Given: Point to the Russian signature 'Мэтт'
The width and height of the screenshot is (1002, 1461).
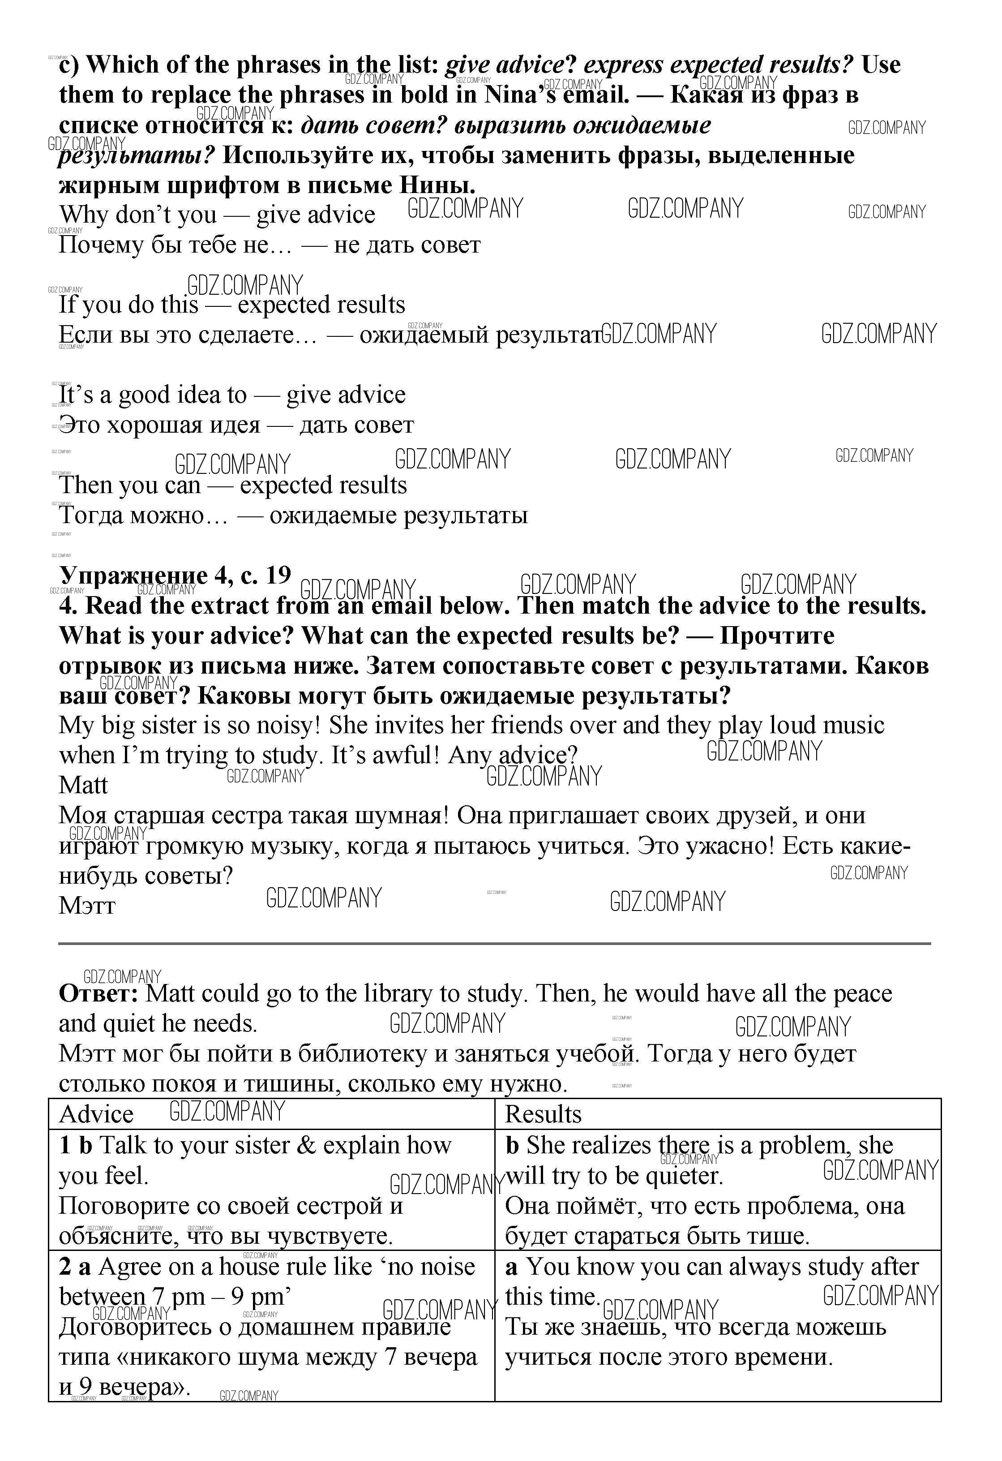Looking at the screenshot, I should coord(87,906).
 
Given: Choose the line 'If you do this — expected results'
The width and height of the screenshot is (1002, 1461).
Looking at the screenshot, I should coord(231,305).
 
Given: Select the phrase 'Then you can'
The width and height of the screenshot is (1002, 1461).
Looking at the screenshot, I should coord(129,486).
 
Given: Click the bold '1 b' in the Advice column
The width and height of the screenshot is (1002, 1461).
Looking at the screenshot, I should coord(75,1145).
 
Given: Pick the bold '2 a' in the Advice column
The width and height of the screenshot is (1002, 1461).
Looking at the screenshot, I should coord(75,1266).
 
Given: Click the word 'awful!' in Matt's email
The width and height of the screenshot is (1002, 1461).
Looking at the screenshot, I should coord(406,755).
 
